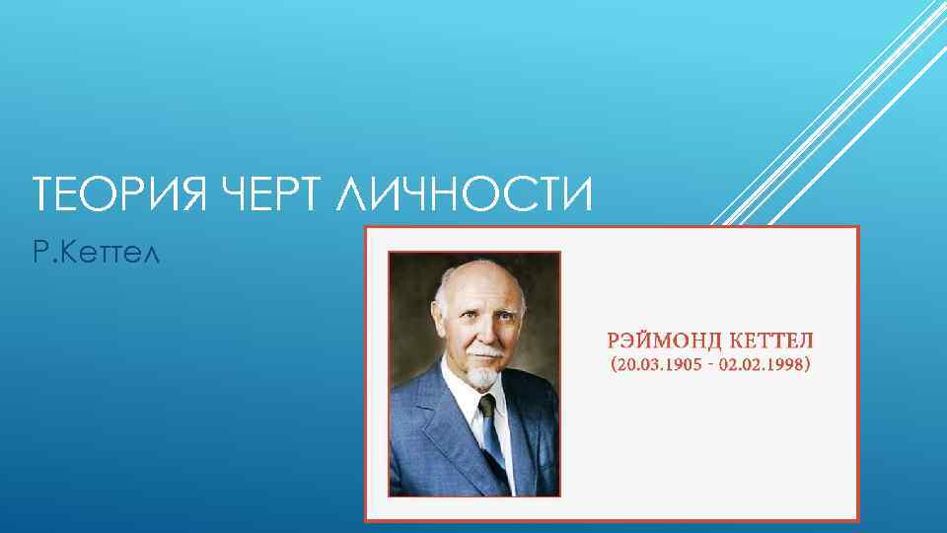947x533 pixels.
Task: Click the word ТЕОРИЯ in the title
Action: pos(116,192)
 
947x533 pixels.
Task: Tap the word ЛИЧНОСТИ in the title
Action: pos(463,192)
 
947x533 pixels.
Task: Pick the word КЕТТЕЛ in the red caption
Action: pos(771,342)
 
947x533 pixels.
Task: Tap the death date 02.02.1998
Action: pos(765,365)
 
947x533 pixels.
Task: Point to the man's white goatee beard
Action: pos(481,375)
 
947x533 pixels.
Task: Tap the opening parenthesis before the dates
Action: pos(614,365)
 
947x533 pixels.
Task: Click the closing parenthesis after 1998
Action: pos(810,365)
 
